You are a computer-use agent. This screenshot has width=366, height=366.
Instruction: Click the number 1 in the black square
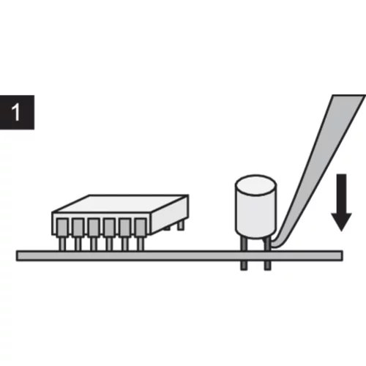(16, 112)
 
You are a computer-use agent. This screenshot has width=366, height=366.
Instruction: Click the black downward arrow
(341, 203)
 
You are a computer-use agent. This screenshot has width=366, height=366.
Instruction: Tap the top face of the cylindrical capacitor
(255, 185)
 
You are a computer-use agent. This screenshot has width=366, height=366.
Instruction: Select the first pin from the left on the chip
(62, 234)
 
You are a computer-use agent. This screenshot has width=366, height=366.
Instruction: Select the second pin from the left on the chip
(78, 234)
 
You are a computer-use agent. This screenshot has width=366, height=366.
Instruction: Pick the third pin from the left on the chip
(94, 234)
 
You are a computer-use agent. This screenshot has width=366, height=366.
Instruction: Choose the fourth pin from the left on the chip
(109, 234)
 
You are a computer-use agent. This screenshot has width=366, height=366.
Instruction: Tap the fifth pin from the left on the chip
(125, 234)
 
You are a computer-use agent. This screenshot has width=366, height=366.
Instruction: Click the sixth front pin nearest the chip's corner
(141, 234)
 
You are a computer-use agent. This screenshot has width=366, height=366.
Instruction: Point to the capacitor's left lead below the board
(244, 266)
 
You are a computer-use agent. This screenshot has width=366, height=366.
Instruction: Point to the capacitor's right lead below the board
(267, 266)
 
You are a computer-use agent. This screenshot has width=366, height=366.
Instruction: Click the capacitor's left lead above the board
(244, 244)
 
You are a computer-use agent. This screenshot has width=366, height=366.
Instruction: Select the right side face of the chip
(171, 214)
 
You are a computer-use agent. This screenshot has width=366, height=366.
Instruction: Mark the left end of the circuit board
(17, 255)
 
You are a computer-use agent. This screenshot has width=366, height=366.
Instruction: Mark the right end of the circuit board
(342, 255)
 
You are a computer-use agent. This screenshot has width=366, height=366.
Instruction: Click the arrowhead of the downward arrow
(341, 222)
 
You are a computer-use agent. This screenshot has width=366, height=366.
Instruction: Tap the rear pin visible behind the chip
(180, 225)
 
